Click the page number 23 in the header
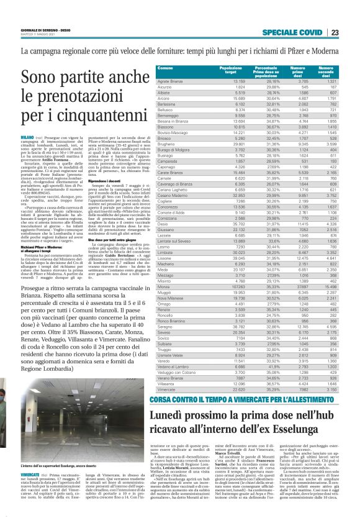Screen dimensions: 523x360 pyautogui.click(x=334, y=33)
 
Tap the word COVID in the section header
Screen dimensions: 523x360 pyautogui.click(x=307, y=33)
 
